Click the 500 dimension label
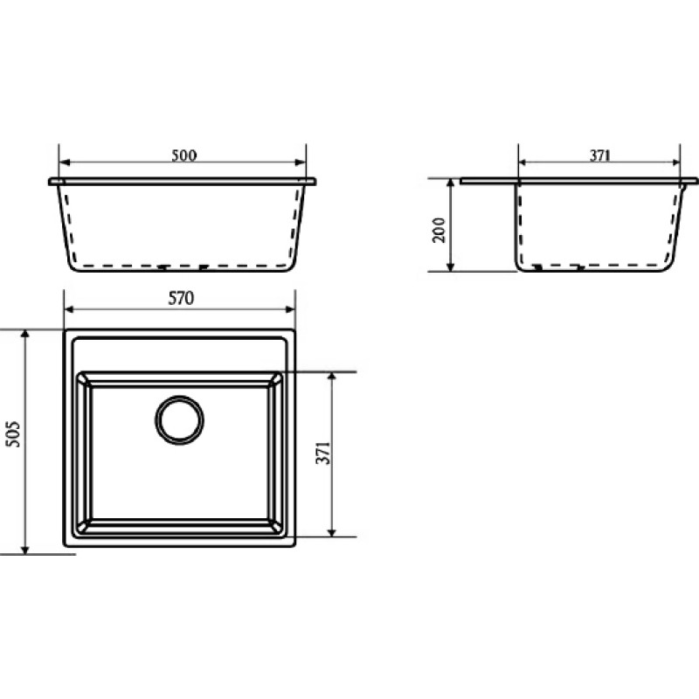click(x=184, y=156)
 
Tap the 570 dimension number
click(x=181, y=298)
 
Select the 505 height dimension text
click(x=14, y=433)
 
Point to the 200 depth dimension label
click(x=439, y=230)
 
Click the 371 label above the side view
click(x=600, y=156)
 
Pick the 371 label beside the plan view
click(x=323, y=453)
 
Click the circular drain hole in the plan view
click(x=180, y=420)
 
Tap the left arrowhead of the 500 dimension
click(x=65, y=162)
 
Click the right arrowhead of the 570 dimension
click(x=290, y=309)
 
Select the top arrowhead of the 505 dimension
click(x=25, y=336)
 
